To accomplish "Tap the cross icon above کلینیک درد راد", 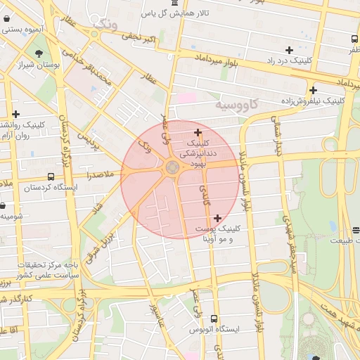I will [289, 50].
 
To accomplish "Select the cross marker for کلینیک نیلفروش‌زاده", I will [313, 90].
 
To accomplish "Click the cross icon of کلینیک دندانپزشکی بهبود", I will [198, 132].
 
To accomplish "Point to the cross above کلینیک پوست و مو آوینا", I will [217, 218].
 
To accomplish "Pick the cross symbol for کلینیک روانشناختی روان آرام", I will [15, 114].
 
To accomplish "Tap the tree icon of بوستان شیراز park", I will [38, 53].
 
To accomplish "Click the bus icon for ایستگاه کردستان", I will [50, 177].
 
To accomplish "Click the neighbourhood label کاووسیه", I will [236, 105].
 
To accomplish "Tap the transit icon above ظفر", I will [353, 39].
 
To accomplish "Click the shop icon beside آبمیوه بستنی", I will [6, 30].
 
